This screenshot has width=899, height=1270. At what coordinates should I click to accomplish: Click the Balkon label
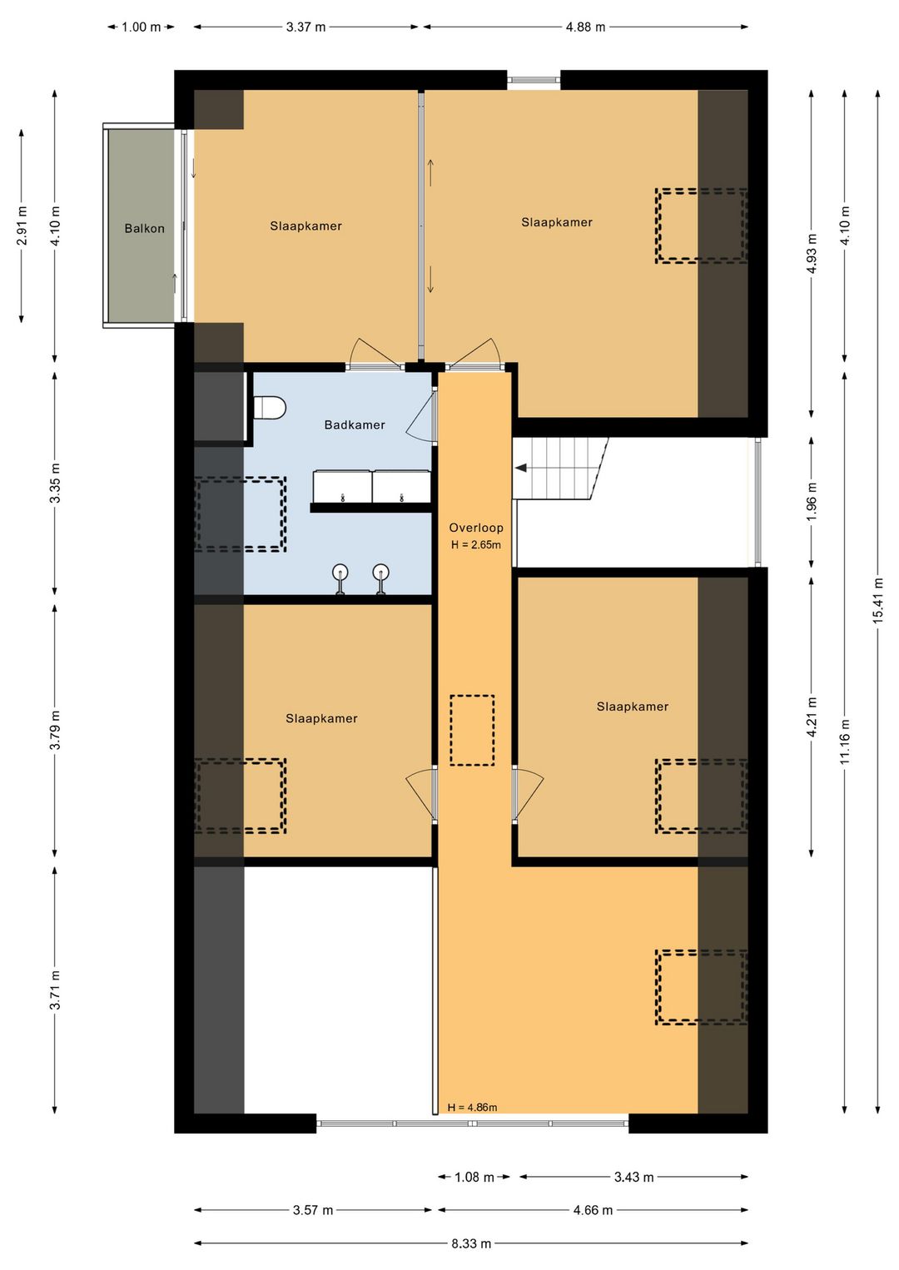pos(144,229)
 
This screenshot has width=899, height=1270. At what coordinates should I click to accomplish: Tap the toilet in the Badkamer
pos(269,408)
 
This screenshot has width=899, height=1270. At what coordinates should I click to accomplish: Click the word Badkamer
pos(355,424)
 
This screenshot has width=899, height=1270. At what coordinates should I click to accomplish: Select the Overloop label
pos(476,528)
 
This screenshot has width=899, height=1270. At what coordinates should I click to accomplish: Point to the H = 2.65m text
pos(476,545)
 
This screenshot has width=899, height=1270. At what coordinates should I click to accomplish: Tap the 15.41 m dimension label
pos(878,601)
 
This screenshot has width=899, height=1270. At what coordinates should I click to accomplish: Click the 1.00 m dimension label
pos(142,27)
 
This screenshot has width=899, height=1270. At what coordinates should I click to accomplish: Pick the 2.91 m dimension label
pos(22,226)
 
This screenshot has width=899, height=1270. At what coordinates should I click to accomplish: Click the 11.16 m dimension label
pos(845,741)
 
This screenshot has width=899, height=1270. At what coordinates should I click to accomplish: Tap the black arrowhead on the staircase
pos(521,468)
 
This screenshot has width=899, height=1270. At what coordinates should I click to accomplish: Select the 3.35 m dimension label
pos(55,483)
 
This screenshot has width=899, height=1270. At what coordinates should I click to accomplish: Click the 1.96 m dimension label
pos(812,503)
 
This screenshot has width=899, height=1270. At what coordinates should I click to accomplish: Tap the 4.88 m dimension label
pos(585,27)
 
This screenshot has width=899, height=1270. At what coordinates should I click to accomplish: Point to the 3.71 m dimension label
pos(55,990)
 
